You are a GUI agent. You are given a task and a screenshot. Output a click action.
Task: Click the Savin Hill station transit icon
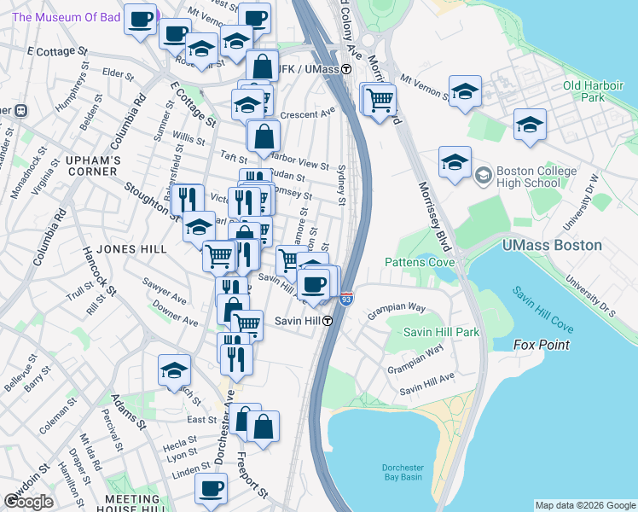click(328, 321)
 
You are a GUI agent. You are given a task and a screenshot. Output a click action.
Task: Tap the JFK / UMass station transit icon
click(347, 68)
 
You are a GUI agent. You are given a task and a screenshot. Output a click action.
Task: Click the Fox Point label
click(541, 345)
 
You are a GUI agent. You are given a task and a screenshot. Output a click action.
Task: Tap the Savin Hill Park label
click(441, 332)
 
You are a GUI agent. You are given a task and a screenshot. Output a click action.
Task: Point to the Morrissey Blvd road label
click(436, 205)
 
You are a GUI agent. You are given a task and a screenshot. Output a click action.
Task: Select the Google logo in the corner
click(29, 501)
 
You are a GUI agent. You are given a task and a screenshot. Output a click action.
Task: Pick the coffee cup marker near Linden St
click(211, 489)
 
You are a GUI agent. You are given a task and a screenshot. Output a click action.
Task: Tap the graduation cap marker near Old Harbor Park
click(466, 91)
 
